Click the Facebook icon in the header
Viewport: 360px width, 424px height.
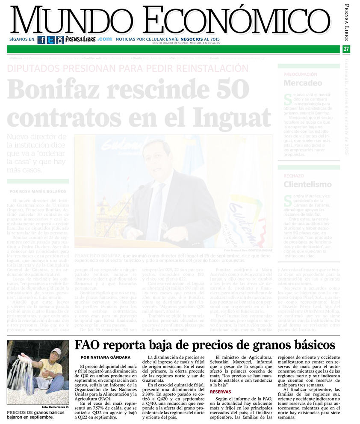(41, 40)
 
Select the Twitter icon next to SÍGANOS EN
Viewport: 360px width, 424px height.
(50, 40)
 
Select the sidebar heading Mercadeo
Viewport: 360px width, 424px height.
(303, 83)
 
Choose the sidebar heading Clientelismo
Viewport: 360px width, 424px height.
(307, 184)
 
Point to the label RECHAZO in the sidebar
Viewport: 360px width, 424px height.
(293, 176)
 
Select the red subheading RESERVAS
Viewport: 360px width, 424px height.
(221, 391)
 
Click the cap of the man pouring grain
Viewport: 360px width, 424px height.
(56, 352)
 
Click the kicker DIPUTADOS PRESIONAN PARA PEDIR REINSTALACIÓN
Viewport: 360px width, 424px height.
(128, 68)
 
